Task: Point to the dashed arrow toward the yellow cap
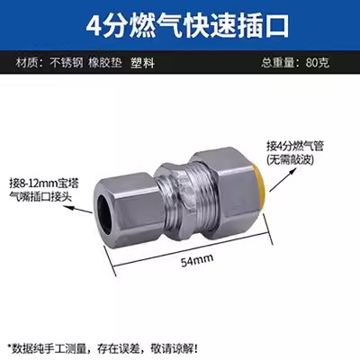[x=274, y=171]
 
